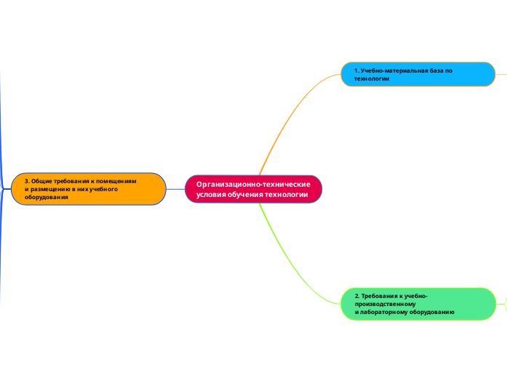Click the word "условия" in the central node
point(211,195)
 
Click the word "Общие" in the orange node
point(42,180)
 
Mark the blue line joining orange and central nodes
point(175,189)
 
